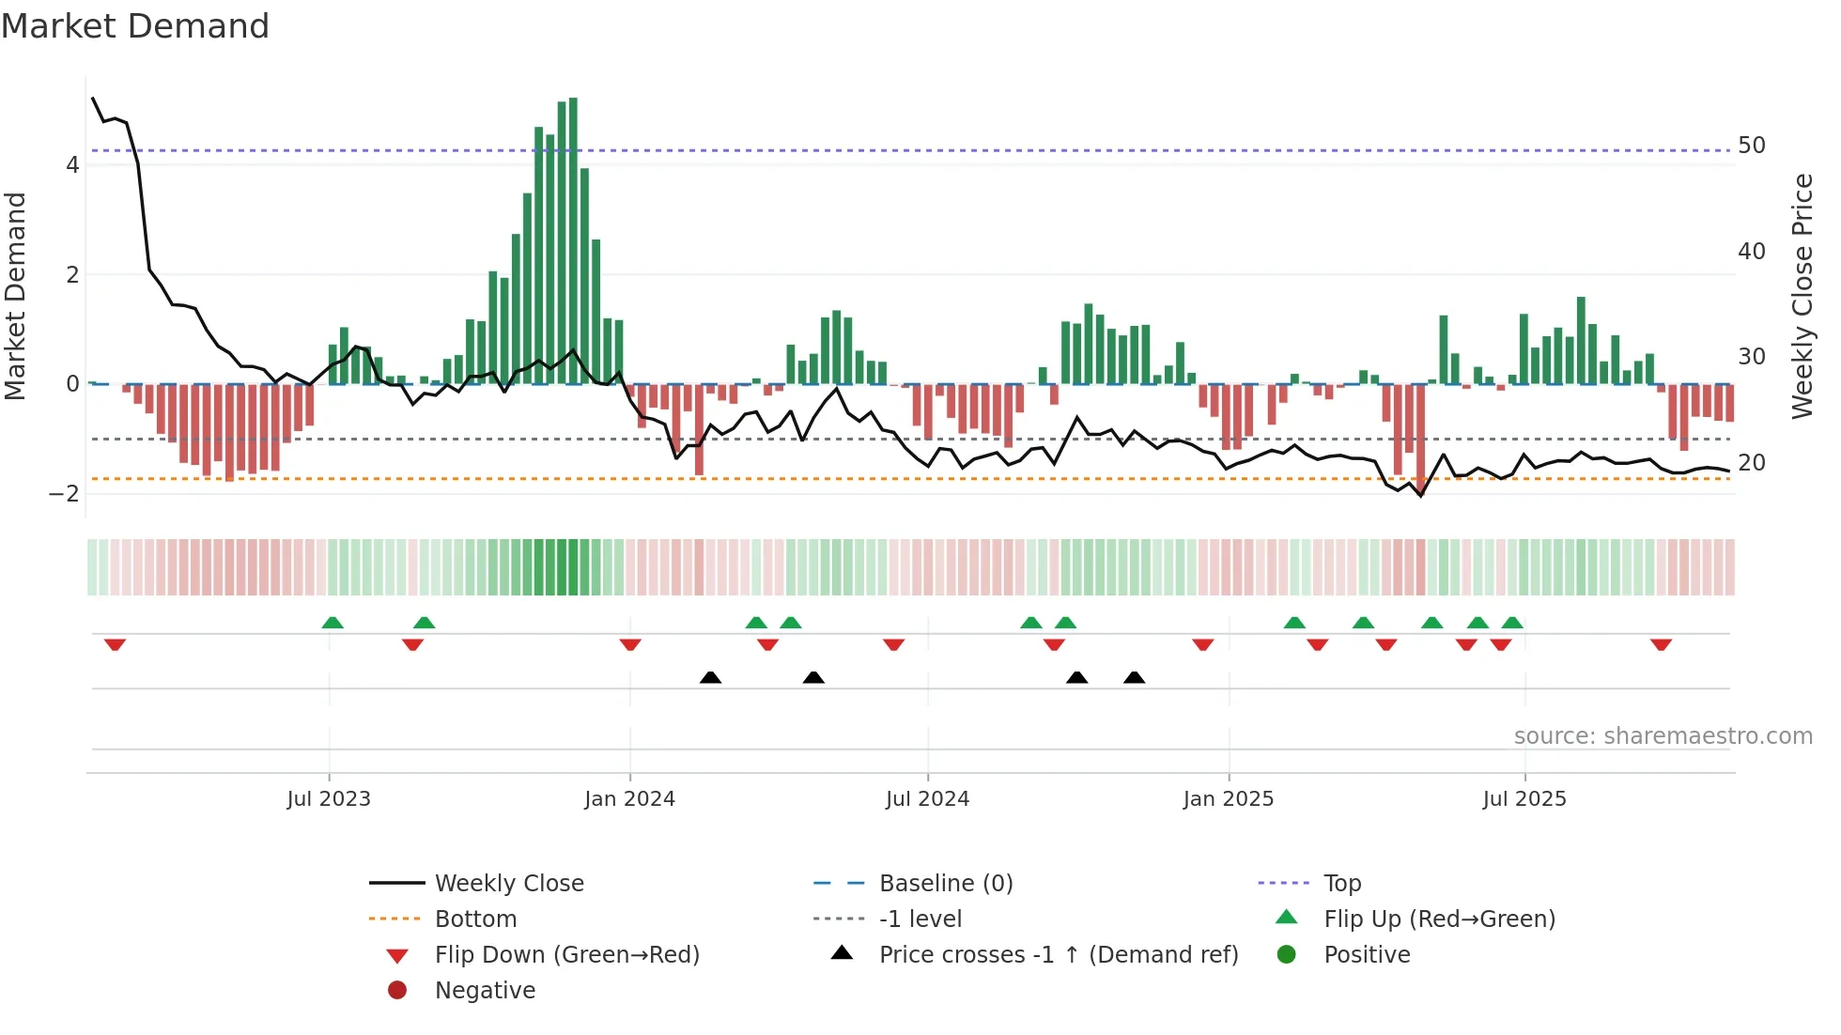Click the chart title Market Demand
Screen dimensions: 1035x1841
tap(135, 26)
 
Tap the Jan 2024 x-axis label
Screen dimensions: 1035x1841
tap(629, 799)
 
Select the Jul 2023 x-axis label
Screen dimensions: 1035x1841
tap(329, 799)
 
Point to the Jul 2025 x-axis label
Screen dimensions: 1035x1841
tap(1524, 799)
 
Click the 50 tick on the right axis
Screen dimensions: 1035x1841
tap(1751, 146)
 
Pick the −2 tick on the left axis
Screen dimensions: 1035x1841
tap(64, 494)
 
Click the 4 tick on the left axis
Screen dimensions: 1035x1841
tap(72, 165)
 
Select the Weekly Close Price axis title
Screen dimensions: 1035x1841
tap(1802, 296)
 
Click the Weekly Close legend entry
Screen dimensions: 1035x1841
tap(508, 884)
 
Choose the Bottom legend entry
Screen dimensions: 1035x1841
tap(475, 919)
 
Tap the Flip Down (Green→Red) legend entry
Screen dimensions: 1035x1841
tap(566, 955)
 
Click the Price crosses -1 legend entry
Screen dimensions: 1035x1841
tap(1058, 955)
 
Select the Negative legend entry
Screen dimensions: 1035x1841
tap(485, 991)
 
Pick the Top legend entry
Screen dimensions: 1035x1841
tap(1341, 884)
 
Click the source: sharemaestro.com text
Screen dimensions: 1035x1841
tap(1663, 736)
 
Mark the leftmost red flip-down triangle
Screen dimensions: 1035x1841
tap(115, 644)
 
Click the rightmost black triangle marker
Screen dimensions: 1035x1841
tap(1134, 677)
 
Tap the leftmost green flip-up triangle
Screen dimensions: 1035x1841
tap(333, 623)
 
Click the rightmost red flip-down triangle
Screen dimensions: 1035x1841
tap(1661, 644)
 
